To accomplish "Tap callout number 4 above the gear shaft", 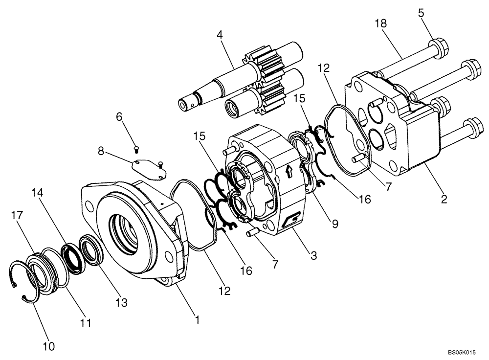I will click(220, 36).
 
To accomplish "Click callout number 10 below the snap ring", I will click(48, 346).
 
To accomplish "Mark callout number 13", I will click(121, 303).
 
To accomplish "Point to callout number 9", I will click(334, 224).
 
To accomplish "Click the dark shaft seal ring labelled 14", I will click(73, 257).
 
